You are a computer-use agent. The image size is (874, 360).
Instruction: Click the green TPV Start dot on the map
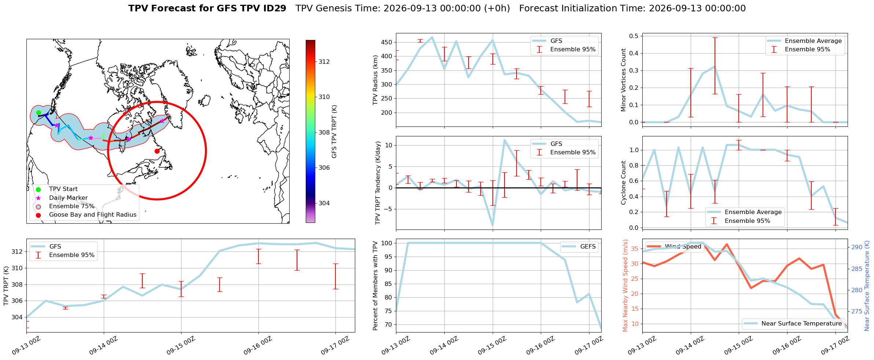(38, 113)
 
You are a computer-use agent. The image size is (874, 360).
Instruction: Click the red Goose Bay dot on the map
(157, 151)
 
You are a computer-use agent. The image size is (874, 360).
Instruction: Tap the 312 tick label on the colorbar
(324, 62)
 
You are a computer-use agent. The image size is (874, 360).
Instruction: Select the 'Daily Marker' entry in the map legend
(68, 198)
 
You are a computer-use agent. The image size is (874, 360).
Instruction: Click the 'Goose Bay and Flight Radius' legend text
(93, 215)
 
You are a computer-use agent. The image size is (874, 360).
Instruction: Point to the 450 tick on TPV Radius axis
(386, 43)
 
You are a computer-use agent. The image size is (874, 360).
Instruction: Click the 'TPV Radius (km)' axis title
(375, 80)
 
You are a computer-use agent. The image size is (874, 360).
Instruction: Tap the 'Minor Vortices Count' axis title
(623, 80)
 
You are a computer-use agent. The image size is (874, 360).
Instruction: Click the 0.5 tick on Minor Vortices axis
(634, 36)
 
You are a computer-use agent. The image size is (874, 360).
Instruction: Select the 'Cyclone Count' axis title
(623, 183)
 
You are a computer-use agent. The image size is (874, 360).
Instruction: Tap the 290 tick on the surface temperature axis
(857, 247)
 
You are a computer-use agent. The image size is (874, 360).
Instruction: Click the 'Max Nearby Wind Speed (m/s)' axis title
(625, 286)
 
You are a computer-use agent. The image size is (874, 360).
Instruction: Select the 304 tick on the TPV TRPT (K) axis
(17, 317)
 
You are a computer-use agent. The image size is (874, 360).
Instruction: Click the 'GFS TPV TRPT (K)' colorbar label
(334, 132)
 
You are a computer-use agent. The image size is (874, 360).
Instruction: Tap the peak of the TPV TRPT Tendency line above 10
(505, 140)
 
